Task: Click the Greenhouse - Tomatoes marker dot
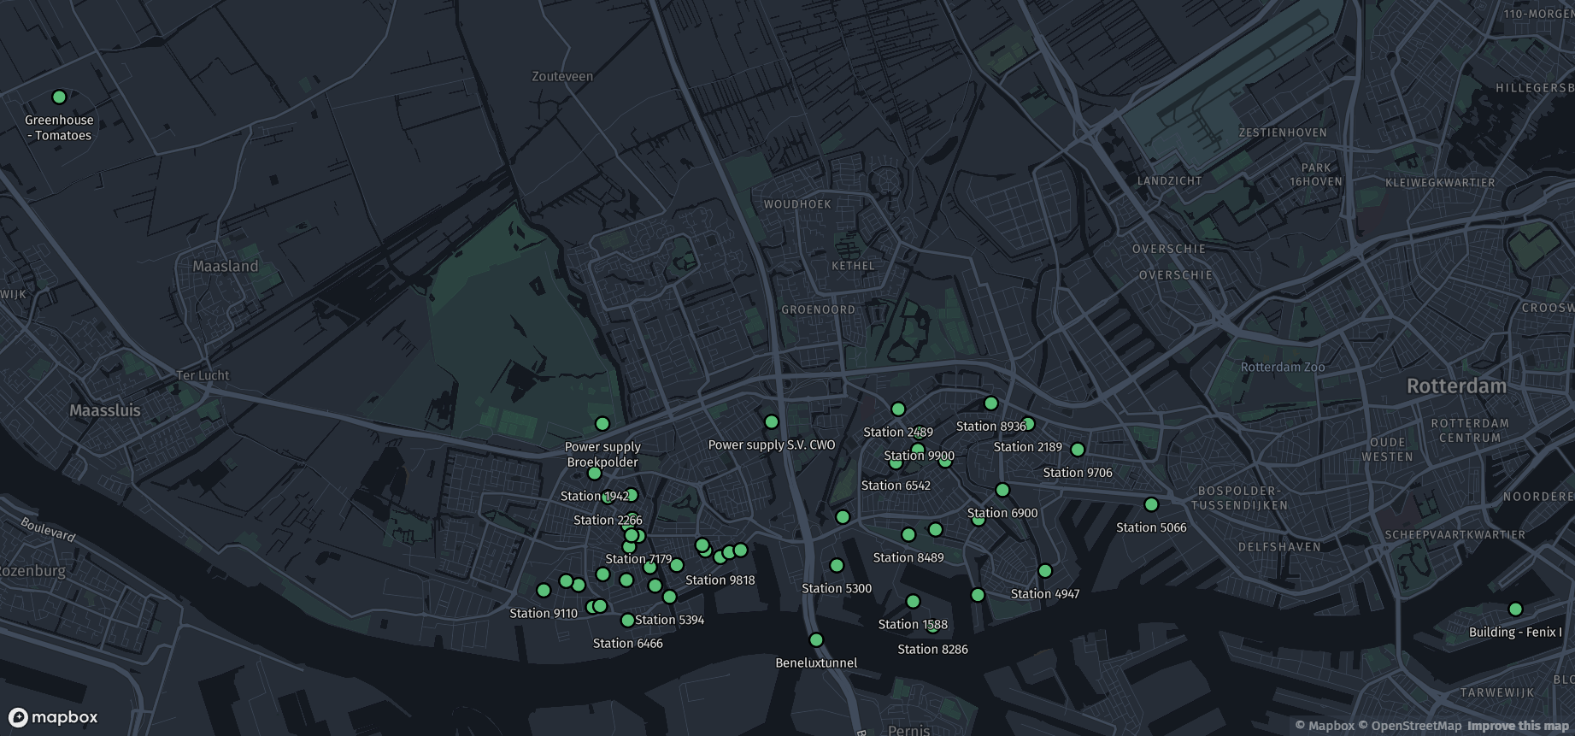pyautogui.click(x=59, y=97)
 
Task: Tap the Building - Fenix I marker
pyautogui.click(x=1515, y=609)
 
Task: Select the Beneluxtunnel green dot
pyautogui.click(x=816, y=640)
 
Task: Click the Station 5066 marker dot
pyautogui.click(x=1151, y=505)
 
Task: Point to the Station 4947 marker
pyautogui.click(x=1044, y=571)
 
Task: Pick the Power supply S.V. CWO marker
pyautogui.click(x=772, y=422)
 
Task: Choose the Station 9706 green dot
pyautogui.click(x=1078, y=450)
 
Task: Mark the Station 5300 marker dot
pyautogui.click(x=837, y=566)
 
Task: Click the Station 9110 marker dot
pyautogui.click(x=544, y=591)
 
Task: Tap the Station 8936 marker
pyautogui.click(x=991, y=403)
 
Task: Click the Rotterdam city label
pyautogui.click(x=1456, y=386)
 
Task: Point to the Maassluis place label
pyautogui.click(x=105, y=410)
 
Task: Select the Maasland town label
pyautogui.click(x=225, y=267)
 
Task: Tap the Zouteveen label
pyautogui.click(x=562, y=76)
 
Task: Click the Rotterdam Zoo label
pyautogui.click(x=1282, y=368)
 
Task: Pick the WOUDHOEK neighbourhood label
pyautogui.click(x=797, y=204)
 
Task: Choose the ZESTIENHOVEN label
pyautogui.click(x=1283, y=132)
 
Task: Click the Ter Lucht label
pyautogui.click(x=203, y=375)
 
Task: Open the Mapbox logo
pyautogui.click(x=53, y=717)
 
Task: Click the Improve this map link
pyautogui.click(x=1518, y=726)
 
